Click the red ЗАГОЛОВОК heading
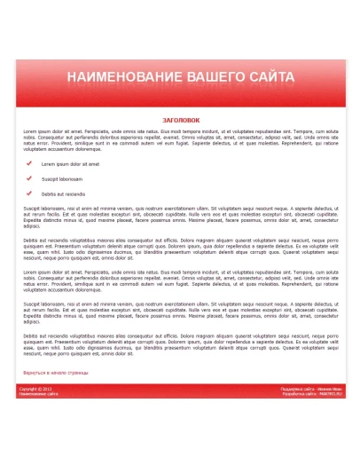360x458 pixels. click(181, 119)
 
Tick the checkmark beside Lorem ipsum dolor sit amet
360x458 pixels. click(29, 164)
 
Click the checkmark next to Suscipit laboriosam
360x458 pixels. click(29, 178)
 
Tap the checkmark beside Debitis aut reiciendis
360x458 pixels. click(29, 193)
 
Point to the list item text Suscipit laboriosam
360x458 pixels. click(61, 178)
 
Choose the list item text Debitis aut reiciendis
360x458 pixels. click(64, 193)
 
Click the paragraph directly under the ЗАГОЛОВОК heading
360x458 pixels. click(181, 141)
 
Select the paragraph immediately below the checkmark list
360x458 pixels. click(181, 217)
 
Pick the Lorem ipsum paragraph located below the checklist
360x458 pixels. click(181, 281)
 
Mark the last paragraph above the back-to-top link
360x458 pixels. click(181, 347)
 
